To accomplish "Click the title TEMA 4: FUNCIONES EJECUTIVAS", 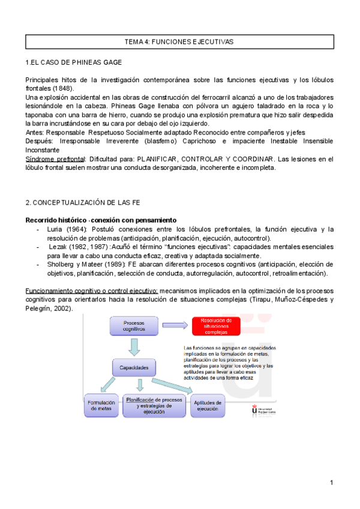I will [x=178, y=42].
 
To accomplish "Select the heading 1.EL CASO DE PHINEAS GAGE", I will [x=74, y=62].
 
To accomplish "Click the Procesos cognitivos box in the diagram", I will [x=134, y=326].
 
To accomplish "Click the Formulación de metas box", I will [x=103, y=405].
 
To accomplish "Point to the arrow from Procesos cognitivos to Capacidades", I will [x=134, y=346].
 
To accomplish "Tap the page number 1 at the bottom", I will [x=331, y=483].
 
